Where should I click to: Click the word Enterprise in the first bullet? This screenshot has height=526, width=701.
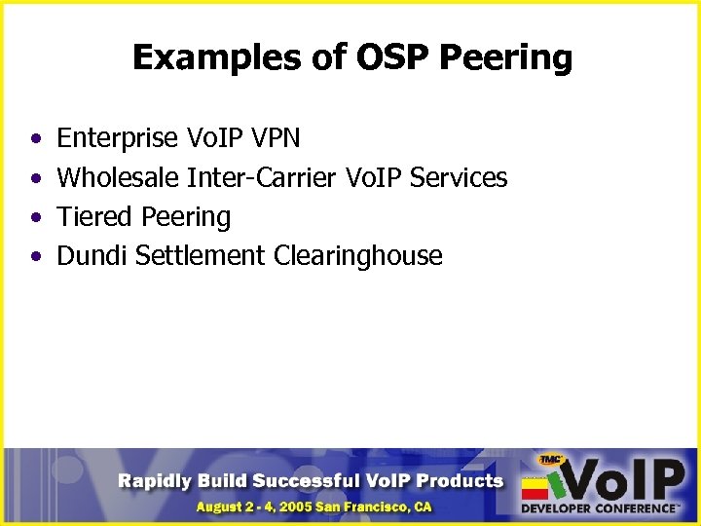118,138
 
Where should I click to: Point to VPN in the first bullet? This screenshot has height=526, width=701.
276,138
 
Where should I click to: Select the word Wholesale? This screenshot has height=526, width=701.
118,177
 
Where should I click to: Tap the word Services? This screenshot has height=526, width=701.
459,177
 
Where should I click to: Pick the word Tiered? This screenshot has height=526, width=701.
95,216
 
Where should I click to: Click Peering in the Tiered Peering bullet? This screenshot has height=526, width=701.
186,217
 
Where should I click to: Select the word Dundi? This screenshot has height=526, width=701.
92,255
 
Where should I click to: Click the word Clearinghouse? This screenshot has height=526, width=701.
357,255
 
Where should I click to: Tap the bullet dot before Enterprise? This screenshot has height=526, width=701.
35,140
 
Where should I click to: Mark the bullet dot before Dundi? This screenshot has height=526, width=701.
35,257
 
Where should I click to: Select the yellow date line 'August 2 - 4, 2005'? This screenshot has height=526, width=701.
268,507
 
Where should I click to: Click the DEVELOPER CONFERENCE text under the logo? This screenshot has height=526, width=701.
599,508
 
